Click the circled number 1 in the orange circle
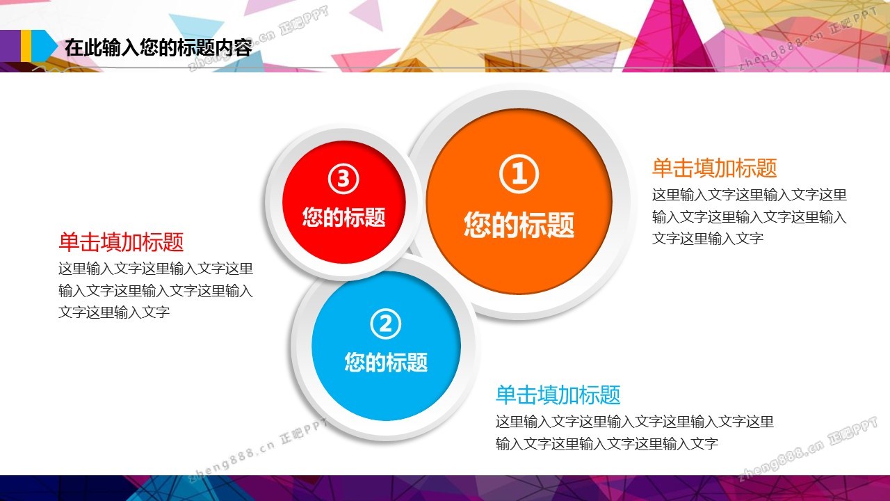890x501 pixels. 519,174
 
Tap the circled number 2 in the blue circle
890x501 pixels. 385,324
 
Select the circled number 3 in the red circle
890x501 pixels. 343,179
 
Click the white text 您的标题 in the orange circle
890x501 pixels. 519,225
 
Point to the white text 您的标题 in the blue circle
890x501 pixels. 386,362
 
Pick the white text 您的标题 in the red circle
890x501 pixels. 343,217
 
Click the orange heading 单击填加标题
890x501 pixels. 714,168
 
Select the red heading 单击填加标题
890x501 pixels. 121,241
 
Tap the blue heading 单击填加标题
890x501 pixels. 558,395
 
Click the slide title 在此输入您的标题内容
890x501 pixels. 158,48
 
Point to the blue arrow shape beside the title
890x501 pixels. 44,46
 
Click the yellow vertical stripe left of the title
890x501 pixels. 26,46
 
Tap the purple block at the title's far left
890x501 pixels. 10,46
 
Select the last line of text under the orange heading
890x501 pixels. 708,239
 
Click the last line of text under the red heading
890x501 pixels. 114,312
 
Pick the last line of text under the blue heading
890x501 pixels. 607,444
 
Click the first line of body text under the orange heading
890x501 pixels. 750,195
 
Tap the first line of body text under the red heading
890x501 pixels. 156,269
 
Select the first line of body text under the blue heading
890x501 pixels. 635,422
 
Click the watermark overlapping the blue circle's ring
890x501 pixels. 258,450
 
